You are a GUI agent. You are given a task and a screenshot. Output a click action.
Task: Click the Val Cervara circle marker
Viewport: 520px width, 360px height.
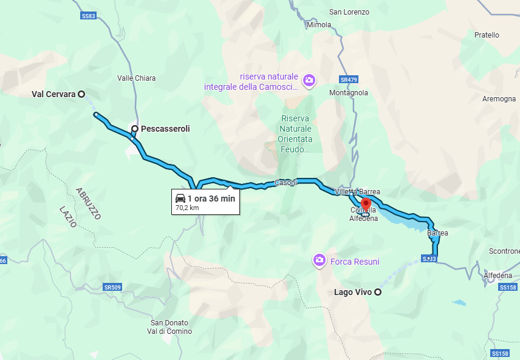click(81, 94)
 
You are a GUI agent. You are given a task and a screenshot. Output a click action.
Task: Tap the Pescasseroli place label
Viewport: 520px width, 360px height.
click(165, 129)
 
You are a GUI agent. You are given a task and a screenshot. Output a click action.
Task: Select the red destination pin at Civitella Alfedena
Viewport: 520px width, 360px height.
click(366, 203)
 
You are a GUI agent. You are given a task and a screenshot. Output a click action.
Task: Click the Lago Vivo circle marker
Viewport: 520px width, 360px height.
click(378, 293)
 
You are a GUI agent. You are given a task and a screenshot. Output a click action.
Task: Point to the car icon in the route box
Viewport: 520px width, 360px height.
click(180, 199)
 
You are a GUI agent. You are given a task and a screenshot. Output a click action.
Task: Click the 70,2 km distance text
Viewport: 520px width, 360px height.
click(187, 208)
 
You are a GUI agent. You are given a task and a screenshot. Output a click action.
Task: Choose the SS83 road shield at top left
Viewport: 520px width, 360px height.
click(89, 16)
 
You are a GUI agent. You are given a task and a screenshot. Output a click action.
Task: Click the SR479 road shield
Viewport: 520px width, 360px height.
click(348, 80)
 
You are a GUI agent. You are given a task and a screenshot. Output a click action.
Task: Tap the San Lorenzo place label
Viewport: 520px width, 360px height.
click(349, 12)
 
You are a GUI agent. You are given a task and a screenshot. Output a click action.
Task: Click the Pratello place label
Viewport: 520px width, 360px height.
click(487, 35)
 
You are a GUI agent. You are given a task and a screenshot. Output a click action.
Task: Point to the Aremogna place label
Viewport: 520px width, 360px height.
click(499, 99)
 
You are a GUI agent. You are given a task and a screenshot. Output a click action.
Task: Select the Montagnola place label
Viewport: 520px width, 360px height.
click(349, 93)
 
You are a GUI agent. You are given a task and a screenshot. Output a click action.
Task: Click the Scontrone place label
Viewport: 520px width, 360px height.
click(504, 251)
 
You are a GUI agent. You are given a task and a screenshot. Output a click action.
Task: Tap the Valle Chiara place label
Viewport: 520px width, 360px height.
click(136, 78)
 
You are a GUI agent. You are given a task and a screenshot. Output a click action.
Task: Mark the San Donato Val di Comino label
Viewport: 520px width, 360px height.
click(170, 327)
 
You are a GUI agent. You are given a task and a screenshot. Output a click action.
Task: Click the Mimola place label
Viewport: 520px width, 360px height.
click(319, 25)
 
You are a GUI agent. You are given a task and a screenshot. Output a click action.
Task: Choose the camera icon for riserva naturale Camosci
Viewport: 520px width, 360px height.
click(309, 80)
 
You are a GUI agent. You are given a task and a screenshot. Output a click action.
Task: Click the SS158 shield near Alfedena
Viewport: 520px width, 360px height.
click(507, 287)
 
